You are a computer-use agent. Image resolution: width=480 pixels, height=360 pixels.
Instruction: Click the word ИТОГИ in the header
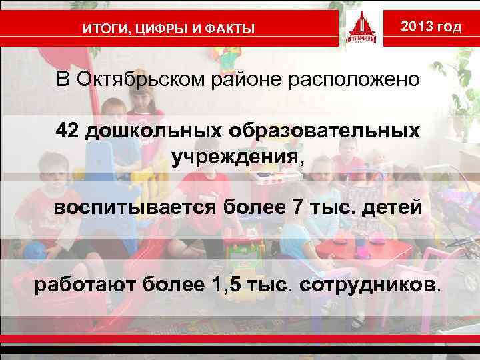click(103, 29)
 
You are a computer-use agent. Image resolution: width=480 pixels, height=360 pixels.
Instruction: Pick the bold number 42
click(68, 130)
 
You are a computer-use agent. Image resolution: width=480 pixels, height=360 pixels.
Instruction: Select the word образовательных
click(326, 130)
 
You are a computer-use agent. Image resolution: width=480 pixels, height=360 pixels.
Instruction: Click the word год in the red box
click(450, 27)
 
